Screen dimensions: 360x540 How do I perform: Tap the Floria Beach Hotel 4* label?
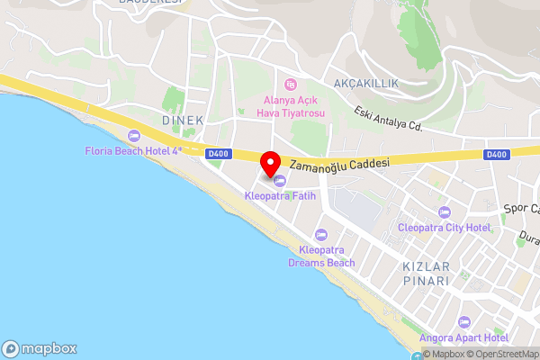click(134, 151)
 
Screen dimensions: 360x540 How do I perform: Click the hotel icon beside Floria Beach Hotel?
click(134, 137)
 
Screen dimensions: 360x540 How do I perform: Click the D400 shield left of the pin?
click(217, 154)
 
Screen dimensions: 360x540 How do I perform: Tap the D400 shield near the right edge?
click(496, 154)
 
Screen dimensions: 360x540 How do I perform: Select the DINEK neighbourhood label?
click(184, 120)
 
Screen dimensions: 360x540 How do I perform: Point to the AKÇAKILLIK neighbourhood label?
click(365, 83)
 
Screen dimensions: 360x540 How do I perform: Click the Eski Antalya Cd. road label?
click(389, 117)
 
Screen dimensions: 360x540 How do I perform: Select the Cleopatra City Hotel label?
click(445, 228)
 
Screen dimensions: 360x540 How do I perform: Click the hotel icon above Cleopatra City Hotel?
click(443, 212)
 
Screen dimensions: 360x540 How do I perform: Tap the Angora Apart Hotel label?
click(464, 337)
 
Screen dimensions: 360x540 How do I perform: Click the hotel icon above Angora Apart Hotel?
click(464, 321)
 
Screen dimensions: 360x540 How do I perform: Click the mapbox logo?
click(39, 348)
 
